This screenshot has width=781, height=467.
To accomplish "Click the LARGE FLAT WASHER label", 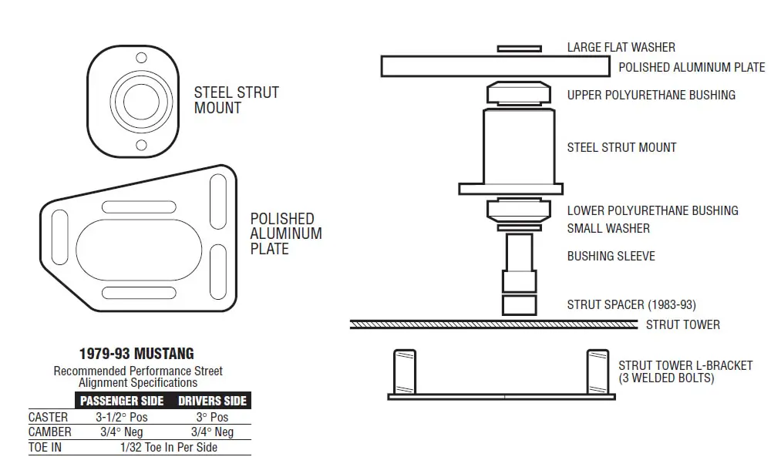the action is (621, 48).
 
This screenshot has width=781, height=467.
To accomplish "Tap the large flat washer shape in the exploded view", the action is (519, 49).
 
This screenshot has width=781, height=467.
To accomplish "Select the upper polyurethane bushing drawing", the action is (519, 93).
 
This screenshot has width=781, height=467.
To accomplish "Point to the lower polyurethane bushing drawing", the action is (519, 210).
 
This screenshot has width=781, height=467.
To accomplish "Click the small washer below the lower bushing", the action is (519, 228).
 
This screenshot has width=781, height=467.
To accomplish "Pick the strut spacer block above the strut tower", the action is (519, 305).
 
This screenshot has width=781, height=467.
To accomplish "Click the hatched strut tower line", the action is (493, 324).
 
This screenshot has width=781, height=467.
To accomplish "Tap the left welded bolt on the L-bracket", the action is (405, 371).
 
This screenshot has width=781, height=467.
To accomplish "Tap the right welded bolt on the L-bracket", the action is (598, 371).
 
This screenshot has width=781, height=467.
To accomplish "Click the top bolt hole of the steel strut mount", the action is (141, 58).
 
